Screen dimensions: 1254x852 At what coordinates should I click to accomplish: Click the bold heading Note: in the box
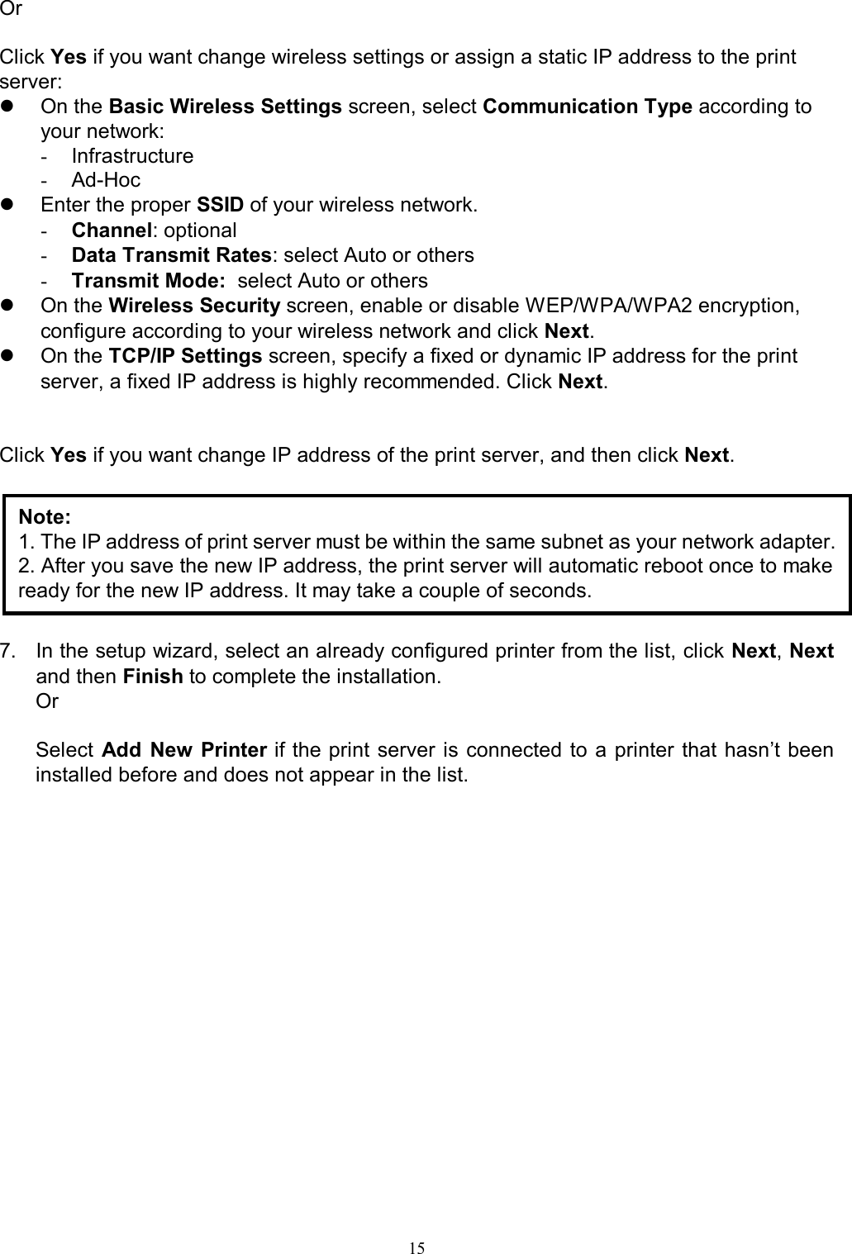[x=45, y=517]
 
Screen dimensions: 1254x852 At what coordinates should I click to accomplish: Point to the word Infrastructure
[x=132, y=156]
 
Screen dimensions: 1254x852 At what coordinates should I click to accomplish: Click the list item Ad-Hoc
[x=106, y=180]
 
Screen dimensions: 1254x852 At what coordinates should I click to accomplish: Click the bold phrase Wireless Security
[x=195, y=306]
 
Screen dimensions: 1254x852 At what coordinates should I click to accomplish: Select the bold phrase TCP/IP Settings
[x=187, y=356]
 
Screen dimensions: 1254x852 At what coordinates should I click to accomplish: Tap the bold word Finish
[x=152, y=677]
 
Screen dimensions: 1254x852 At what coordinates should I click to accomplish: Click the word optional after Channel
[x=200, y=230]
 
